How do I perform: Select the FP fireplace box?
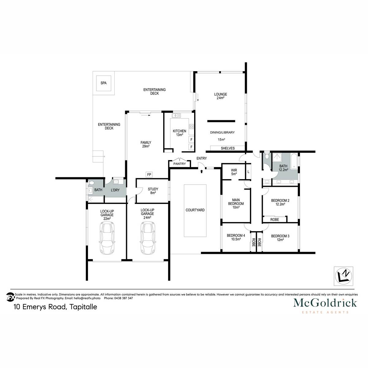click(149, 175)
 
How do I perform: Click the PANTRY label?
click(179, 164)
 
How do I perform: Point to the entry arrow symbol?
click(201, 171)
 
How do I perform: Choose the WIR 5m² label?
click(234, 172)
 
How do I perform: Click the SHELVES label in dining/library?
click(228, 148)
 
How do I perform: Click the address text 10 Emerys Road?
click(55, 307)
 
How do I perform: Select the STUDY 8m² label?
click(153, 191)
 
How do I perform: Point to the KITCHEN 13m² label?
click(179, 133)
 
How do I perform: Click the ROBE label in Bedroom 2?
click(274, 220)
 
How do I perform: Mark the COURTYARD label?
click(195, 210)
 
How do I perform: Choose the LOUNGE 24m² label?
click(220, 96)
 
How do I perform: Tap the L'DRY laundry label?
click(115, 190)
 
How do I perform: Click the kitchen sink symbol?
click(176, 116)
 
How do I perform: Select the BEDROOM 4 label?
click(236, 237)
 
